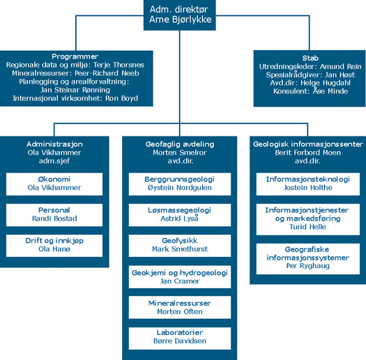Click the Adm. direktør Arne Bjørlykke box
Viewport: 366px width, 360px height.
click(x=179, y=15)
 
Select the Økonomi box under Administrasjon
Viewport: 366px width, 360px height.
click(x=54, y=184)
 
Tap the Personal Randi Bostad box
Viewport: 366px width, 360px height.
click(x=54, y=215)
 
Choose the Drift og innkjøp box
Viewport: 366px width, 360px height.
click(x=54, y=246)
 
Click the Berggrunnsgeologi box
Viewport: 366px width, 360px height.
click(x=180, y=184)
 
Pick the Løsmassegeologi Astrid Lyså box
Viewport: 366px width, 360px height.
click(x=180, y=215)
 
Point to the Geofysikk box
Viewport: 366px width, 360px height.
click(x=180, y=246)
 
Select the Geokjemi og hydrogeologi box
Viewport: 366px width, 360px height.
click(x=180, y=276)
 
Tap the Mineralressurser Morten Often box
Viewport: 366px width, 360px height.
click(x=180, y=307)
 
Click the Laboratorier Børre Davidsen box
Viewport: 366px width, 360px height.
click(x=180, y=338)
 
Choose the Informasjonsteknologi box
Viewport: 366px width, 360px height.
click(x=308, y=184)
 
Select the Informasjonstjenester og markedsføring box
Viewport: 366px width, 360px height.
click(x=308, y=219)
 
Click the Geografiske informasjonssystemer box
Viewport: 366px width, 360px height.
click(x=308, y=259)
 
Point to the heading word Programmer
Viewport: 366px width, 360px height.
click(x=75, y=56)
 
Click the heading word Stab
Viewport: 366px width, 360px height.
click(x=310, y=58)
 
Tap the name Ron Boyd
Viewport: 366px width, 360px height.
click(x=121, y=98)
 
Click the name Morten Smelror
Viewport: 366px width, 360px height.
click(x=180, y=152)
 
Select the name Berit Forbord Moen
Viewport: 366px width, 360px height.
click(x=308, y=152)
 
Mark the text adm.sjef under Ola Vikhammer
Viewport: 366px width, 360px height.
click(x=54, y=161)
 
